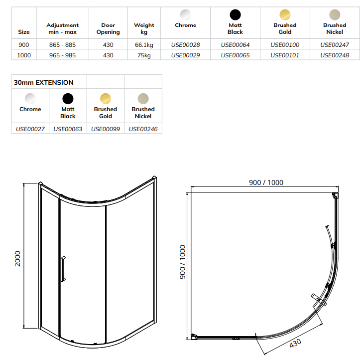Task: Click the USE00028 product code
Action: (185, 45)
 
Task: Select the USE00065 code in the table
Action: (235, 55)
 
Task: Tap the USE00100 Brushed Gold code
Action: (285, 45)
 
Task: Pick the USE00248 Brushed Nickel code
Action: (335, 55)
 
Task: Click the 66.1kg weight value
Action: (144, 45)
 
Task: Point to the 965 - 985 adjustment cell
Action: (63, 55)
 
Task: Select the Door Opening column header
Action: (108, 28)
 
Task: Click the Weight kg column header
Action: (144, 28)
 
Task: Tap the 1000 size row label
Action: (24, 55)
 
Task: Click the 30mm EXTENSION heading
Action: (44, 82)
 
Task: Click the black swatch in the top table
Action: (235, 14)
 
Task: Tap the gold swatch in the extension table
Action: (106, 98)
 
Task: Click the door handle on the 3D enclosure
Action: (63, 270)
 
